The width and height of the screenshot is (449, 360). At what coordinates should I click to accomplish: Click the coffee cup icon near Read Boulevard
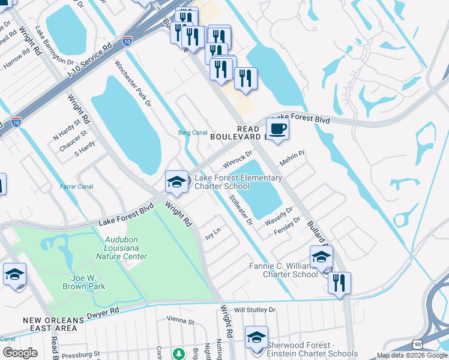277,129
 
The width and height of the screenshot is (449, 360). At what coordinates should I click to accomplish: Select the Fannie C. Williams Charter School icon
321,257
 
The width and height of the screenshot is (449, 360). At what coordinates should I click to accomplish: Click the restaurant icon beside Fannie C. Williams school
339,283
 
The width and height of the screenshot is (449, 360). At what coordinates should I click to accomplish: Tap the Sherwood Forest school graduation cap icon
256,338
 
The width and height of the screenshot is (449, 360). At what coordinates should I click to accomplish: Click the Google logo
19,353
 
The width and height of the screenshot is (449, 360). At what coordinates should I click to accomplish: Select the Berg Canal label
193,133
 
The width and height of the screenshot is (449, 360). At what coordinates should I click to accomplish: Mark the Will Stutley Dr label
255,310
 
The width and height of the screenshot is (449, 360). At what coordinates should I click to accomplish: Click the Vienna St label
181,322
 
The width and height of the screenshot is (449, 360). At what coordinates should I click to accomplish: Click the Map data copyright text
412,355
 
